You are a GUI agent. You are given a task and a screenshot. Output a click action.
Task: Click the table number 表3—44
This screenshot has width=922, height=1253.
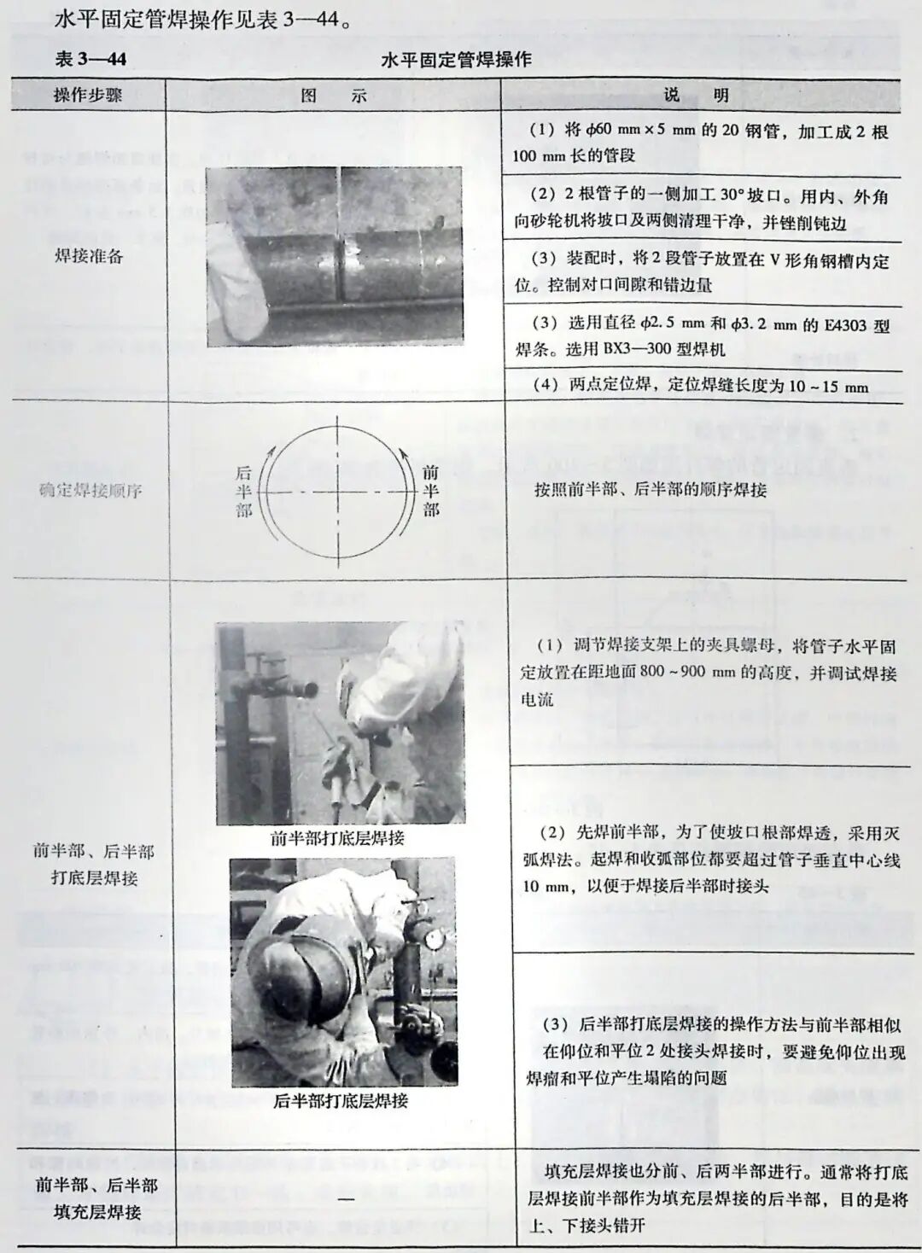click(x=90, y=59)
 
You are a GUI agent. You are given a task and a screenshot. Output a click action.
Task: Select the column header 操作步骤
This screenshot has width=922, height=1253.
click(x=88, y=95)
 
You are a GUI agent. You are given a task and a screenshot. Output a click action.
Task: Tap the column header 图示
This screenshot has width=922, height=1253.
click(x=334, y=96)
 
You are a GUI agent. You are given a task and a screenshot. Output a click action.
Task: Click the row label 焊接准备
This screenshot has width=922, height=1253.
click(x=89, y=255)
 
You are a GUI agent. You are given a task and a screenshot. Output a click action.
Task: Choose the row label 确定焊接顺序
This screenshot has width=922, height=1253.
click(x=90, y=490)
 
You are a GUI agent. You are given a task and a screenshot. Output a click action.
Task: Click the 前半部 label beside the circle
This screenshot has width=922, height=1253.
click(x=430, y=490)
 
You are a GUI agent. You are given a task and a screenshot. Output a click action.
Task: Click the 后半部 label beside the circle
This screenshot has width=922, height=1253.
click(x=244, y=491)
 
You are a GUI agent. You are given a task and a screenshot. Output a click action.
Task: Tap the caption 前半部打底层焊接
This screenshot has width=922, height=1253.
click(x=337, y=838)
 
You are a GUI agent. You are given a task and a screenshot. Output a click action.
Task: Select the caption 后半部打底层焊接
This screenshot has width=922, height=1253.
click(x=341, y=1100)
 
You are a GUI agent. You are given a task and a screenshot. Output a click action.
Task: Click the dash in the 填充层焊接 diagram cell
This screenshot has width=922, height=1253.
click(x=345, y=1198)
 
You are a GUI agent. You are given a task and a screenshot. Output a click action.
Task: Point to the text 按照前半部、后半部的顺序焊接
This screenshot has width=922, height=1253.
click(x=651, y=490)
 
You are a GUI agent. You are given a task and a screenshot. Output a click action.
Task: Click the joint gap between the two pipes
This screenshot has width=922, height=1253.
click(x=339, y=256)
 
